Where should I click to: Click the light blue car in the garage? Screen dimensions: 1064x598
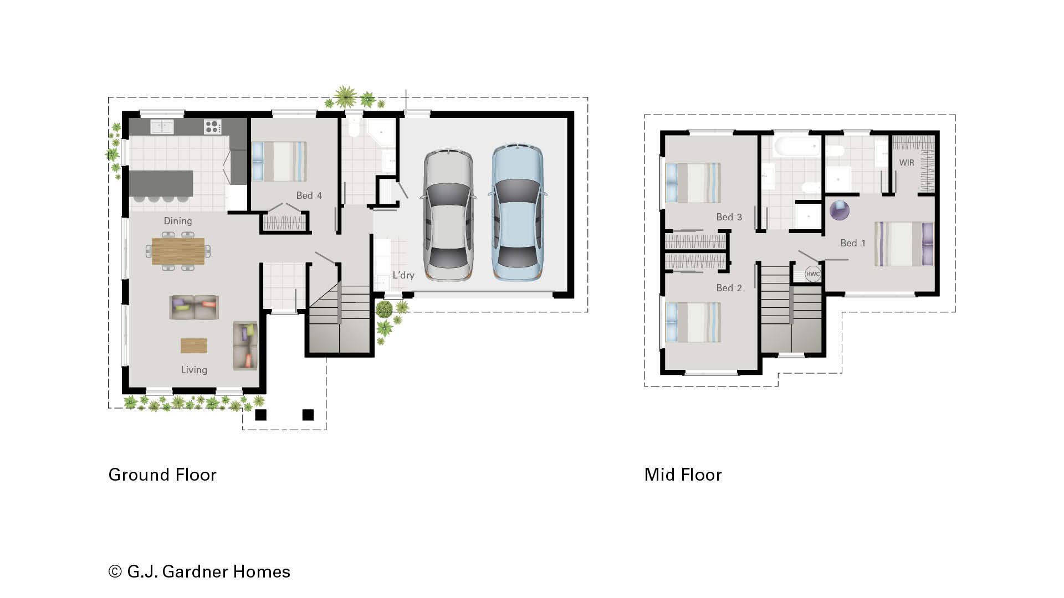click(x=516, y=213)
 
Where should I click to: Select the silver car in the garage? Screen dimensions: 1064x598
click(x=448, y=215)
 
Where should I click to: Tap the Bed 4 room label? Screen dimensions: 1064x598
click(x=309, y=195)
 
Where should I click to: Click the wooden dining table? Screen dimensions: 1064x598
click(x=178, y=251)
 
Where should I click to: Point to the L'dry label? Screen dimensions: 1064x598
click(x=403, y=275)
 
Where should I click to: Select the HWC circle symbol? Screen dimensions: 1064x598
click(x=812, y=274)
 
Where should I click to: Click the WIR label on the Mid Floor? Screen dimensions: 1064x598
click(x=907, y=163)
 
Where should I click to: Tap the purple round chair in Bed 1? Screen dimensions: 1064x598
click(x=839, y=210)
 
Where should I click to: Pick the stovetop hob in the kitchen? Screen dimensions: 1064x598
click(x=212, y=127)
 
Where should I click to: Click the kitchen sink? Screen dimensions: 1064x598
click(x=162, y=127)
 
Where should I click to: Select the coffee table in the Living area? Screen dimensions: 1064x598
click(x=194, y=346)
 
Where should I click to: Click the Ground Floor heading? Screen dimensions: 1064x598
click(x=162, y=475)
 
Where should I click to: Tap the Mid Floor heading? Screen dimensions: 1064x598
click(x=683, y=475)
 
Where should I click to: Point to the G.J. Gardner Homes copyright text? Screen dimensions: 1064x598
click(x=199, y=571)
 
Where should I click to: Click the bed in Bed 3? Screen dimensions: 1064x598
click(x=693, y=183)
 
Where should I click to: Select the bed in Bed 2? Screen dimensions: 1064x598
click(x=693, y=322)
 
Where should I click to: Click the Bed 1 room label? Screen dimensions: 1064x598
click(x=853, y=243)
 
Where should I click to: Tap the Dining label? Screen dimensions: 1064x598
click(x=178, y=221)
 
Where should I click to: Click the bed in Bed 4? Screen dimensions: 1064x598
click(x=279, y=162)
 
